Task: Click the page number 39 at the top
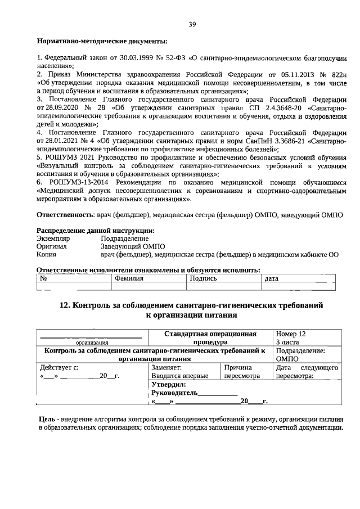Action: [x=192, y=24]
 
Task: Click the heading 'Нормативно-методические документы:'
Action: [x=102, y=41]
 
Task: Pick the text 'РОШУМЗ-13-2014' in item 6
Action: [x=82, y=183]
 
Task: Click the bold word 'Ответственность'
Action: [x=64, y=215]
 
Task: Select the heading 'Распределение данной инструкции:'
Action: [x=95, y=231]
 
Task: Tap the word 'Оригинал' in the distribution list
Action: [x=52, y=246]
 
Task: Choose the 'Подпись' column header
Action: [x=203, y=278]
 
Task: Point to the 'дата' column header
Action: [x=271, y=278]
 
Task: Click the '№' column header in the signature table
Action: [x=43, y=278]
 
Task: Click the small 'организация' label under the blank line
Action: [x=92, y=342]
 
